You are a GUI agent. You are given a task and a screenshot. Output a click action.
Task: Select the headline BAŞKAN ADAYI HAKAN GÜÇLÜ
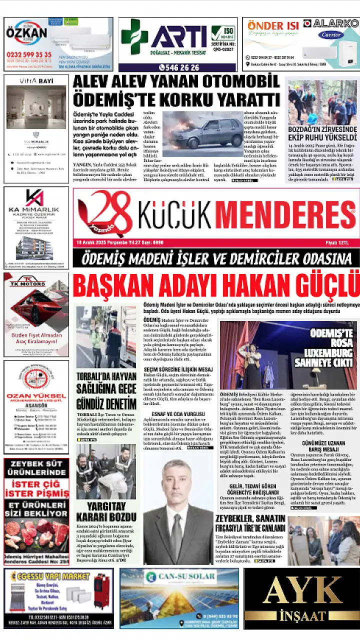coord(216,286)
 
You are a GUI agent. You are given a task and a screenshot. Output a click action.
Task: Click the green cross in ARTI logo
coord(133,36)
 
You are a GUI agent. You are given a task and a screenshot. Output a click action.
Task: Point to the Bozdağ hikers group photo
coord(322,103)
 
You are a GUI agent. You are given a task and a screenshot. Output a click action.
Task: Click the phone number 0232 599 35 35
coord(29,54)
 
